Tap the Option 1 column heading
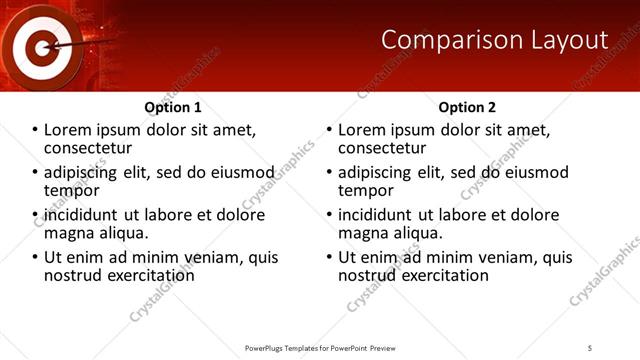pos(173,107)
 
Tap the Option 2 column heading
pos(467,107)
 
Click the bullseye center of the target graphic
pos(41,45)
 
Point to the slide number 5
pos(590,347)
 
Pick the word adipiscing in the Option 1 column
pos(83,172)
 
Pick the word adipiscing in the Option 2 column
pos(377,172)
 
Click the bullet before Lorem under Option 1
pos(35,131)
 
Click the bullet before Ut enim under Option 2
pos(329,257)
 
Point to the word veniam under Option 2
pos(486,257)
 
